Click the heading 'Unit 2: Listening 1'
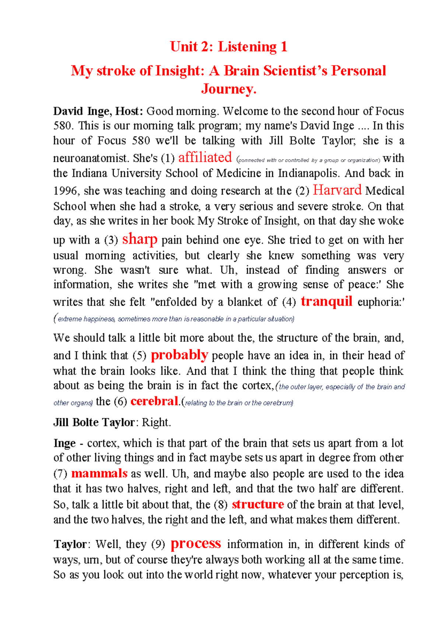(228, 47)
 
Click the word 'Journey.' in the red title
(228, 89)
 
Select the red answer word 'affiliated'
(205, 158)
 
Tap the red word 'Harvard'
(337, 190)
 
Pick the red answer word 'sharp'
(140, 239)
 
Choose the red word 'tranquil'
(326, 301)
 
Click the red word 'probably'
(179, 355)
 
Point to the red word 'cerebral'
(154, 401)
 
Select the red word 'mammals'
(99, 473)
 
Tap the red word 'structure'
(257, 504)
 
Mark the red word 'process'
(196, 544)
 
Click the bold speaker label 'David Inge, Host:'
(98, 111)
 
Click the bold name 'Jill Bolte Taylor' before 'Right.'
(94, 422)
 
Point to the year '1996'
(65, 191)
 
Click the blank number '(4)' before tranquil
(289, 302)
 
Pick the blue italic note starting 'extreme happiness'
(175, 319)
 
